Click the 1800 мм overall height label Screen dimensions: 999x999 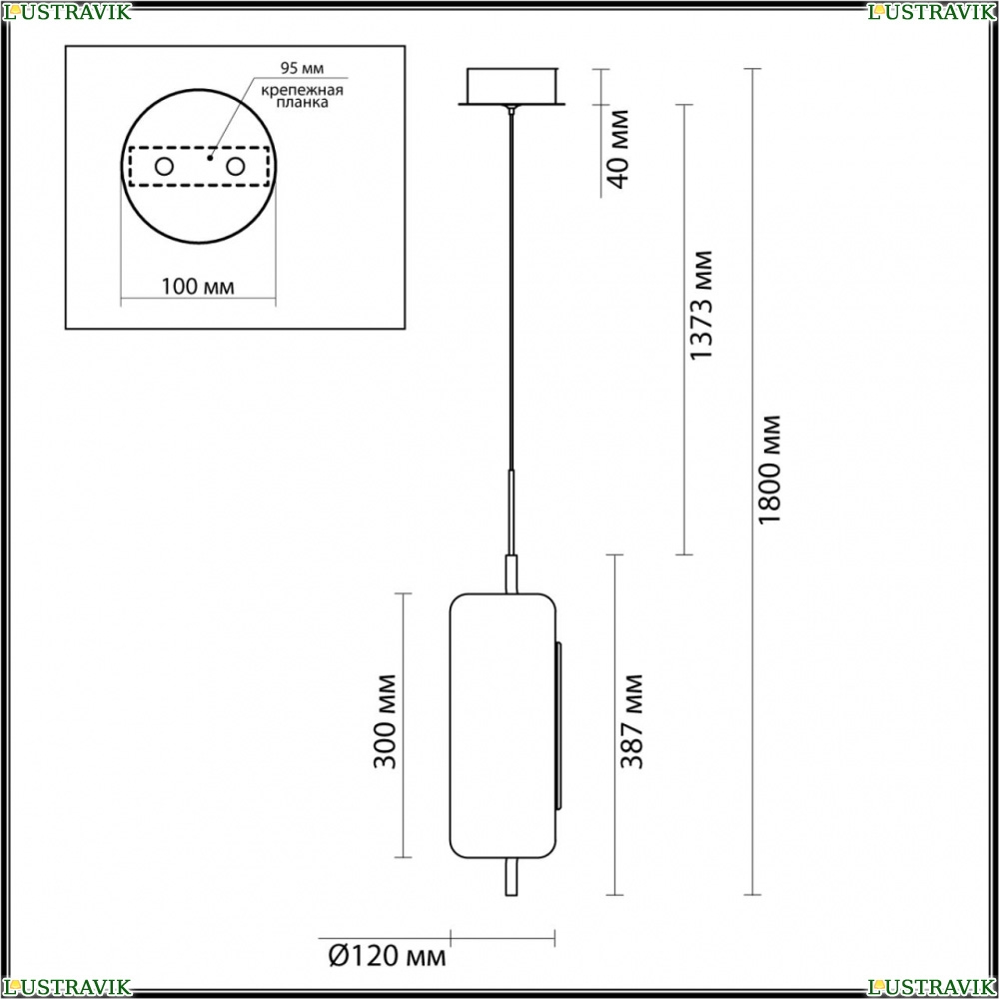tap(770, 470)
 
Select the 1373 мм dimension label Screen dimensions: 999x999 tap(701, 305)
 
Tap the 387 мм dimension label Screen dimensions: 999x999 tap(632, 720)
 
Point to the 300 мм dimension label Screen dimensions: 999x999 tap(385, 720)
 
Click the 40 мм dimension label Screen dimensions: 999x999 tap(618, 150)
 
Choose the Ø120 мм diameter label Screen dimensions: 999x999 tap(387, 956)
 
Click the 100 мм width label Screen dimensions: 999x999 tap(198, 287)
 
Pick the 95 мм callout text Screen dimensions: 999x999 tap(302, 68)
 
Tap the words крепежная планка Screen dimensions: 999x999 tap(302, 96)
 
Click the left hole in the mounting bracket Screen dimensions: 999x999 tap(165, 167)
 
